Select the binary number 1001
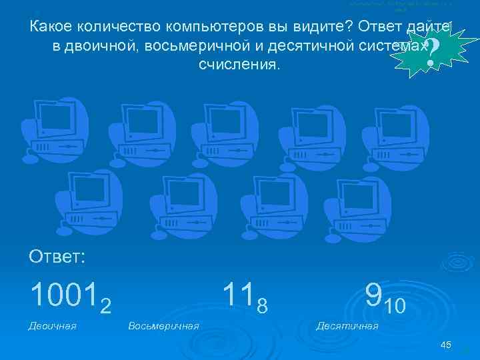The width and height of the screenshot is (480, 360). point(63,294)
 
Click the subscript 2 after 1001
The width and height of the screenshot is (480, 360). point(105,305)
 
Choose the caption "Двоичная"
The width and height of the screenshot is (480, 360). point(53,325)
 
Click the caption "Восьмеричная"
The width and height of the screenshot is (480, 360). point(163,325)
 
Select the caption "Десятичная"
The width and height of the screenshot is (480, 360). point(347,325)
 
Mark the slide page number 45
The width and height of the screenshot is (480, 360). point(446,344)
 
